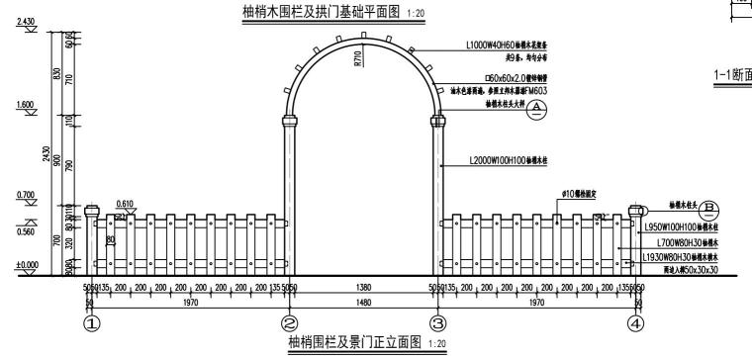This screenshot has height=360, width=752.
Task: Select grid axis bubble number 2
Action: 289,322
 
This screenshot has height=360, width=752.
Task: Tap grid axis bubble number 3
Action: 436,322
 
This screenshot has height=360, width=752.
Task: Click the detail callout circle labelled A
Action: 536,110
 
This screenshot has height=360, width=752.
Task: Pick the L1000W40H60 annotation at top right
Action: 509,45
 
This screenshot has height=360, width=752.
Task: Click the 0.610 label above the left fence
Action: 125,204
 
